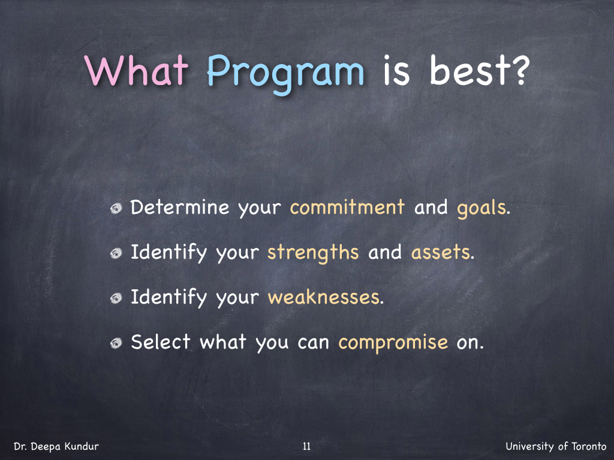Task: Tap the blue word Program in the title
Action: pos(285,74)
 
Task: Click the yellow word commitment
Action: pos(347,207)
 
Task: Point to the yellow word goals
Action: pos(481,208)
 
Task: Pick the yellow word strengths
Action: pos(313,253)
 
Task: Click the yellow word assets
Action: pos(441,253)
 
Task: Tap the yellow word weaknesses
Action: pos(324,297)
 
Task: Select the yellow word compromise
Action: pos(393,343)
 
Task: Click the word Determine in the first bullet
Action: pos(180,207)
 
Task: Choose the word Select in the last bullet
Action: pos(161,342)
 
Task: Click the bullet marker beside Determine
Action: pos(116,209)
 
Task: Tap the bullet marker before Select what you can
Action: pos(116,343)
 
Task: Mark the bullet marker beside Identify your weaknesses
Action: pos(116,299)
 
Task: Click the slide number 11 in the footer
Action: pos(306,446)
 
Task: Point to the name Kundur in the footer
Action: pos(82,446)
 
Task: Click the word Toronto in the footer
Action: pos(589,446)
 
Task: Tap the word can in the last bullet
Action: pos(313,343)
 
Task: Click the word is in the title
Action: pos(396,70)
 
